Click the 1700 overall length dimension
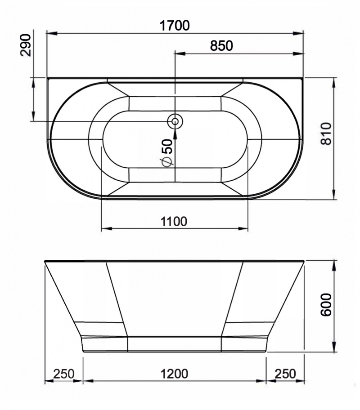click(175, 26)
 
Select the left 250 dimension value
click(64, 374)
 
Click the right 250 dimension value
click(285, 374)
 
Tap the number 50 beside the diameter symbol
click(166, 147)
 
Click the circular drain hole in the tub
click(175, 121)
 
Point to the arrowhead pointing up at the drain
click(175, 131)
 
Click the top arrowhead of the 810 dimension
click(333, 81)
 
